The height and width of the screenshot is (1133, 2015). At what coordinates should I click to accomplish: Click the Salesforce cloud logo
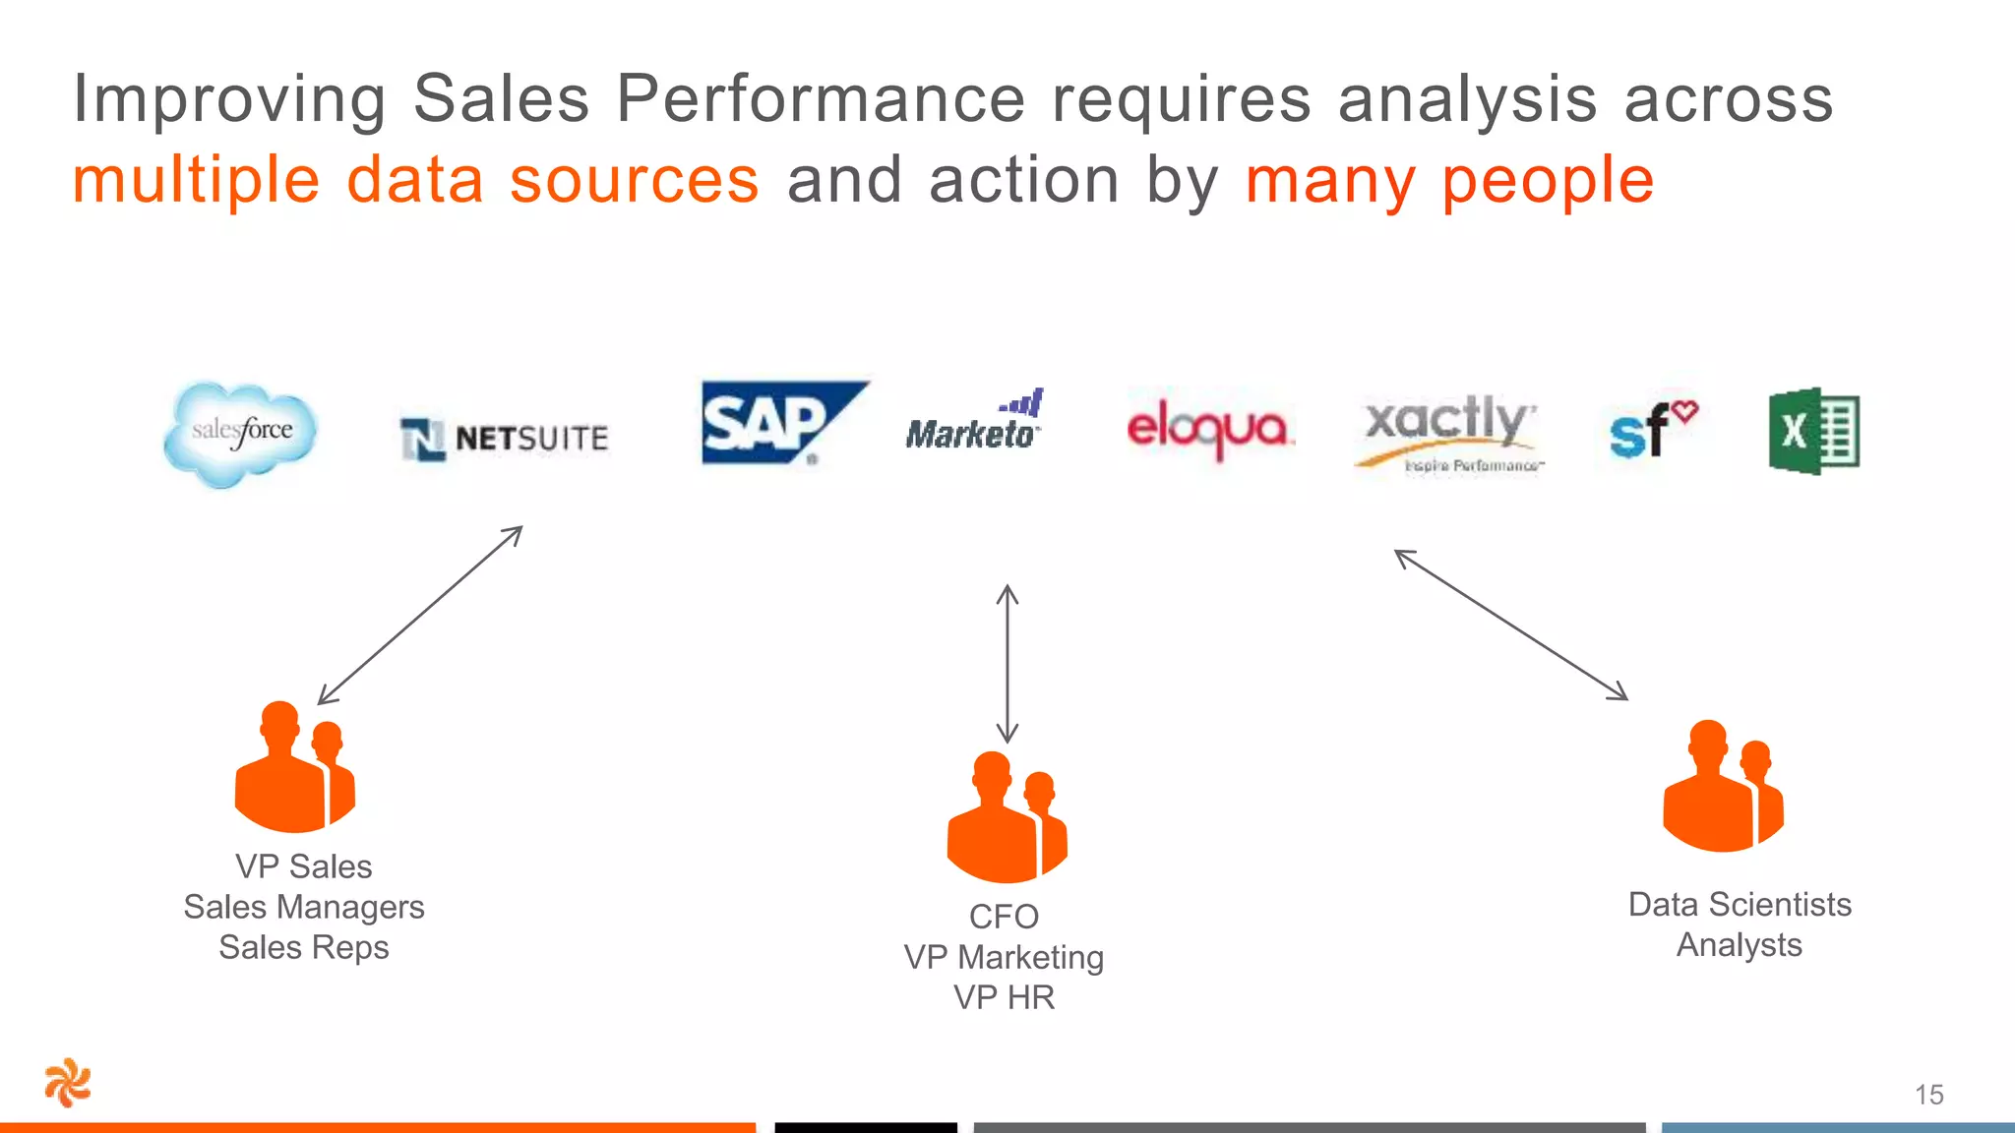(241, 434)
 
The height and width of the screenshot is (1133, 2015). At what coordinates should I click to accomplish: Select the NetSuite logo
(505, 439)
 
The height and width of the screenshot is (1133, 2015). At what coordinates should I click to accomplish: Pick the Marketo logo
(973, 423)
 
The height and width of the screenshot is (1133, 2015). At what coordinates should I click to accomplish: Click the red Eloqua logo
(1208, 430)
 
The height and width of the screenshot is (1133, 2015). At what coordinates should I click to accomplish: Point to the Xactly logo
(1448, 431)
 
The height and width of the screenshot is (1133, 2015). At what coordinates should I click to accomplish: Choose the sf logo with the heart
(1652, 430)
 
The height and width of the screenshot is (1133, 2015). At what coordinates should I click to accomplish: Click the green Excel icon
(1813, 431)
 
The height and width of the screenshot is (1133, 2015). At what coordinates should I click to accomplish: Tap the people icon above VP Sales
(294, 767)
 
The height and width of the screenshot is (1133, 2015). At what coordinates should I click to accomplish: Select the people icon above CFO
(1007, 817)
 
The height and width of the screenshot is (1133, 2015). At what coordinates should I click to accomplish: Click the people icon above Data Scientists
(1723, 786)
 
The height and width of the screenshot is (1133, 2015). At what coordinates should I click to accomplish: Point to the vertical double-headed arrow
(1007, 664)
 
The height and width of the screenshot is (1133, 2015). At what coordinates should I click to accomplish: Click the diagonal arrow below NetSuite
(420, 615)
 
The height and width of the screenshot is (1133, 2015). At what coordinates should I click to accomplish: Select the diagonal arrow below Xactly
(1511, 625)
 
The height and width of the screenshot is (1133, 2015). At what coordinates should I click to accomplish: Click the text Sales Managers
(304, 907)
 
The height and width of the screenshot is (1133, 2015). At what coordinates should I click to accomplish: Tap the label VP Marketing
(1004, 957)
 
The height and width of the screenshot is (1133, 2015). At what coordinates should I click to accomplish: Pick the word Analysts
(1739, 945)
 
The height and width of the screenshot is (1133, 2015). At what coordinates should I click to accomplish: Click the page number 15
(1928, 1095)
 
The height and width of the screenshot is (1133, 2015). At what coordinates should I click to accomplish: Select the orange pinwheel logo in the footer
(68, 1083)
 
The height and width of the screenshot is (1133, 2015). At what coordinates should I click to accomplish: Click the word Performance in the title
(821, 99)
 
